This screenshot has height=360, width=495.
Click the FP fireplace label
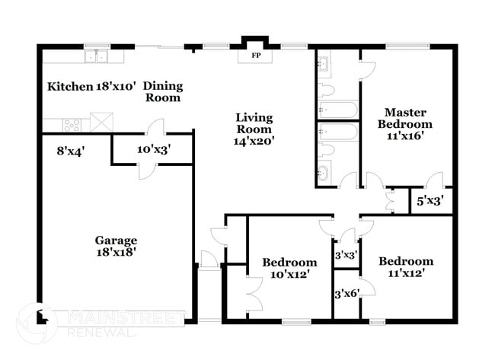pyautogui.click(x=256, y=56)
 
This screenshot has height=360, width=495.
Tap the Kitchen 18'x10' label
pyautogui.click(x=91, y=86)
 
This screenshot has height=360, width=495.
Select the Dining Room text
pyautogui.click(x=163, y=91)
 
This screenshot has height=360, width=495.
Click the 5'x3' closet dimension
pyautogui.click(x=430, y=201)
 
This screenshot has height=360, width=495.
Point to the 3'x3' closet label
pyautogui.click(x=346, y=255)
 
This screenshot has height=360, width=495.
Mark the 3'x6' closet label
pyautogui.click(x=347, y=294)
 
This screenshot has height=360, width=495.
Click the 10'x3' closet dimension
pyautogui.click(x=154, y=149)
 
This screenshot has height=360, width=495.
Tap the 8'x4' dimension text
pyautogui.click(x=70, y=151)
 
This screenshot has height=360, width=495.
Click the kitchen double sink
pyautogui.click(x=97, y=56)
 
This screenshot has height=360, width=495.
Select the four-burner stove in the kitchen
pyautogui.click(x=72, y=126)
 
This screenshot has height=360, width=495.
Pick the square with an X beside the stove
pyautogui.click(x=101, y=122)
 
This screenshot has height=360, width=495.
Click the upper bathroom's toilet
pyautogui.click(x=326, y=90)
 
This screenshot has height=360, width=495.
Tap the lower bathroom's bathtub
pyautogui.click(x=338, y=132)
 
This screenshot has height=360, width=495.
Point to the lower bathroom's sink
pyautogui.click(x=323, y=172)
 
